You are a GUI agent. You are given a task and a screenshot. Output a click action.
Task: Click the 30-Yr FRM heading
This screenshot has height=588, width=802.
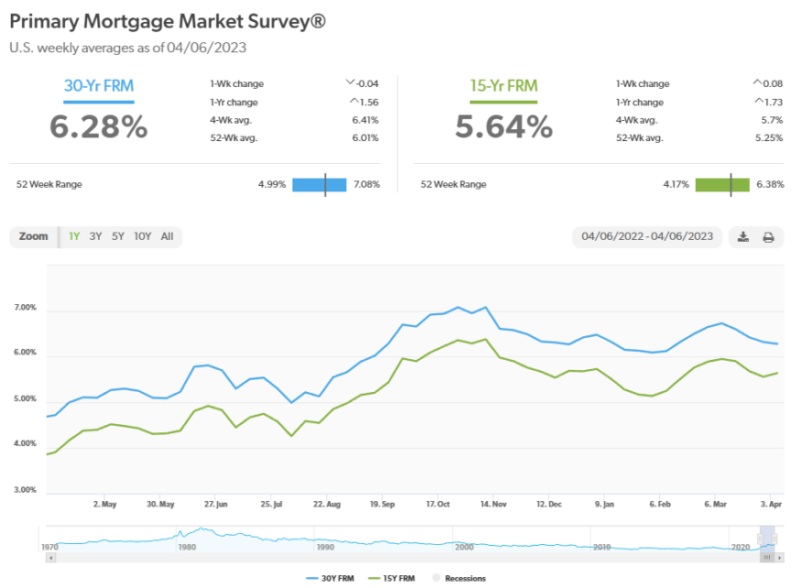(98, 86)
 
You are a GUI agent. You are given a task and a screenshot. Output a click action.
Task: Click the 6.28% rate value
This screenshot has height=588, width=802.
(98, 126)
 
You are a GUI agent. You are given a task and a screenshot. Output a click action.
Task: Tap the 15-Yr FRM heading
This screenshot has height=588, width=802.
(503, 86)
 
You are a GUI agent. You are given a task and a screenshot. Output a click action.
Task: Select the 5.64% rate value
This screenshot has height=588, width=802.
(504, 126)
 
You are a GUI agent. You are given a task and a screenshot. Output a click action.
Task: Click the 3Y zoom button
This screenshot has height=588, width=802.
(96, 236)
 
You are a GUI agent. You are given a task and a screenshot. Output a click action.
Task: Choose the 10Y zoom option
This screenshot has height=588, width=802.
(142, 236)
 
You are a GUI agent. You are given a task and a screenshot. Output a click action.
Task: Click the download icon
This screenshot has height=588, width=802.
(743, 237)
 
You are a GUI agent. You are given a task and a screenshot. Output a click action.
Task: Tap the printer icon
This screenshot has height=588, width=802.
(768, 237)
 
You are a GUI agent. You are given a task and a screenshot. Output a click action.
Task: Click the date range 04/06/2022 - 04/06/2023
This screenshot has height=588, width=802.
(647, 236)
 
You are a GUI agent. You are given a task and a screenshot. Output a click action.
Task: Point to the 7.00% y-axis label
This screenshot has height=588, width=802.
(25, 308)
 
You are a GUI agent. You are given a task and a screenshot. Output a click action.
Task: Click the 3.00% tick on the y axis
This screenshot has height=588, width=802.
(25, 490)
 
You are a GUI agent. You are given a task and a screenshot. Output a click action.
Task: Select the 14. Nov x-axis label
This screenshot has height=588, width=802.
(494, 504)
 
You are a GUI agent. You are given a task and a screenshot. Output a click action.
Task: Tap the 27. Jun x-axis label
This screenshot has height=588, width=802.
(215, 504)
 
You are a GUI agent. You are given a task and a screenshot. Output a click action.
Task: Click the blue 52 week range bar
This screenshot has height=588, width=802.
(320, 184)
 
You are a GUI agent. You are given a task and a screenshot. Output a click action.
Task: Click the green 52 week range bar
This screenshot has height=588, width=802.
(722, 184)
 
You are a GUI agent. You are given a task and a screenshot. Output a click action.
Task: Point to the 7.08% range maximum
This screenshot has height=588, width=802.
(366, 184)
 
